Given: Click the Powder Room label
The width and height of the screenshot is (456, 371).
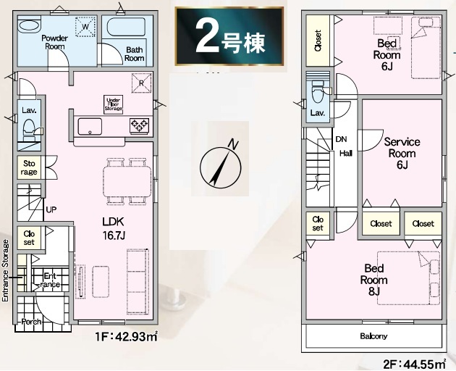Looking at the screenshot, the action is [x=55, y=42].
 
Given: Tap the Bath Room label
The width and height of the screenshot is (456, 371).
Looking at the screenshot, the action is [x=135, y=54].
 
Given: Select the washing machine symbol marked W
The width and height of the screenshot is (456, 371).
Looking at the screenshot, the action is [x=85, y=27].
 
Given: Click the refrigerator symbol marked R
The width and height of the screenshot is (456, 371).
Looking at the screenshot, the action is [x=142, y=83].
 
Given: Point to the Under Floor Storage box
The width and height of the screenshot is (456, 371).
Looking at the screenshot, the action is [x=114, y=104].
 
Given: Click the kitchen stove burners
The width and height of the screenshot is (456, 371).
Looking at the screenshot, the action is [x=139, y=126].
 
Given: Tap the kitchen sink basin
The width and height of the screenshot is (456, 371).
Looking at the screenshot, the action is [x=90, y=126].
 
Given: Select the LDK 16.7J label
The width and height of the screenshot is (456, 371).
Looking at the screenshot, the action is [x=114, y=228].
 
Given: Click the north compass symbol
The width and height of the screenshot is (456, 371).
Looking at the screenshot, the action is [x=221, y=165].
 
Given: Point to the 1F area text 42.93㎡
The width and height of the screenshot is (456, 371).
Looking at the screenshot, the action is [x=127, y=337].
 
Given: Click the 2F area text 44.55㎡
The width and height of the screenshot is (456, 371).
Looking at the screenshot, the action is [x=415, y=364].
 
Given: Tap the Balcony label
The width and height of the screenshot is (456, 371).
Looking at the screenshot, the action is [x=373, y=336].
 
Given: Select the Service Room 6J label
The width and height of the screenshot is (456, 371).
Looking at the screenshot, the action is [x=402, y=153].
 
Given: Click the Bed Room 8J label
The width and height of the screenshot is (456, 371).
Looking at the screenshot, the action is [x=374, y=280].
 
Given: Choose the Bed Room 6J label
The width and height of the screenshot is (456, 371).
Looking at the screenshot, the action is [x=387, y=55].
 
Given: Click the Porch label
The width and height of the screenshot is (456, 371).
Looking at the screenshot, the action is [x=31, y=322].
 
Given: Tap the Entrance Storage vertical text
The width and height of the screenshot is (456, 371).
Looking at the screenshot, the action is [x=5, y=270].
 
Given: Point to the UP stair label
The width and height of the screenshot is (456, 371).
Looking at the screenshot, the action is [x=51, y=209].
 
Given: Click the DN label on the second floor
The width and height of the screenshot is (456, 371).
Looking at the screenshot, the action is [x=341, y=139].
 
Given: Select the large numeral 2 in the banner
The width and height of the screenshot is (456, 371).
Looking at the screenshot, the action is [x=207, y=36].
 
